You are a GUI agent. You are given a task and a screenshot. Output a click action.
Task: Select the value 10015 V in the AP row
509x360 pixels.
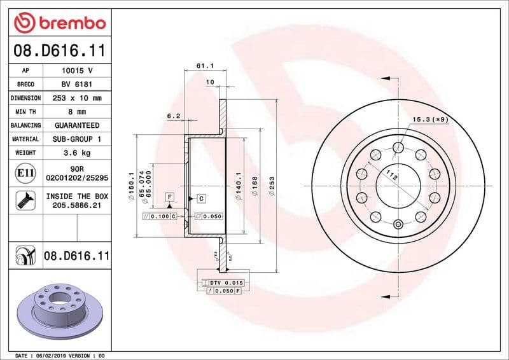[77, 71]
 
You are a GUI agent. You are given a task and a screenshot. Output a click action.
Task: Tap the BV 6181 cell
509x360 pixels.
[77, 84]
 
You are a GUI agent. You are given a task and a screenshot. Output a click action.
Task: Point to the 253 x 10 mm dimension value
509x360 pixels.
[77, 98]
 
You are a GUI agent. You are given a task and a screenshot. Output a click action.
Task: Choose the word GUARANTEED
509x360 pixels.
[77, 125]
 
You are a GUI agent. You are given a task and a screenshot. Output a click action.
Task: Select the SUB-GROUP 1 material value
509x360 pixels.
[77, 139]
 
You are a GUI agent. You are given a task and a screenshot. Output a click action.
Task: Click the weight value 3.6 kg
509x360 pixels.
[77, 153]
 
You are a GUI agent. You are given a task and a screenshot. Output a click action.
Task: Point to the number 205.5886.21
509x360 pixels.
[77, 205]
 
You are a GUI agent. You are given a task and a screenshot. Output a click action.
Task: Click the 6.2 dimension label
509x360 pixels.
[174, 116]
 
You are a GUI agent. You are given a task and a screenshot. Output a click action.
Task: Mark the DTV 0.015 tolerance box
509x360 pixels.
[227, 282]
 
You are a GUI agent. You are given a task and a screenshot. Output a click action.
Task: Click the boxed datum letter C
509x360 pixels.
[201, 198]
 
